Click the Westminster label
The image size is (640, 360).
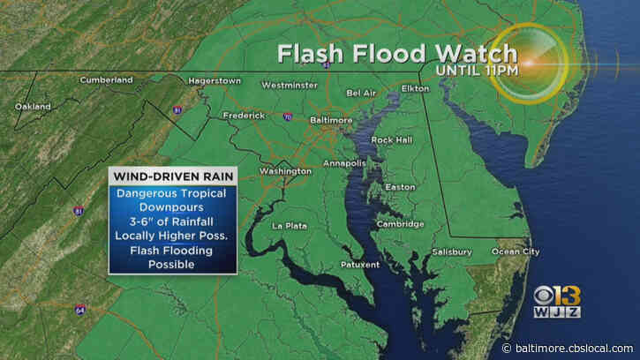290,86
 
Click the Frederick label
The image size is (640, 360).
244,116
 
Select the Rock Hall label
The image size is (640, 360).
391,139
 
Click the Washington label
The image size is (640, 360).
284,170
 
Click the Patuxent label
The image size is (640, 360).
360,265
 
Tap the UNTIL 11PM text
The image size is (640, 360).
470,70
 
